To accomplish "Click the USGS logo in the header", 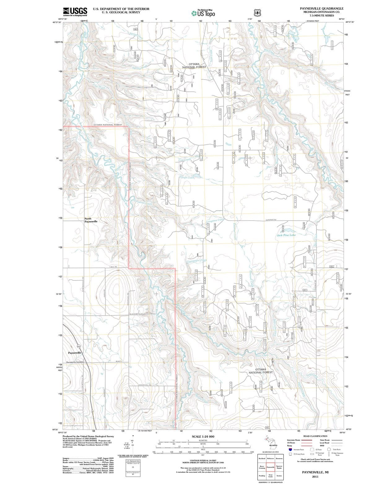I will tap(75, 11).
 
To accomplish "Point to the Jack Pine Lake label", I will tap(286, 235).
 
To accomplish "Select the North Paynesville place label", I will tap(91, 220).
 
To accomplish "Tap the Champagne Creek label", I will tap(197, 261).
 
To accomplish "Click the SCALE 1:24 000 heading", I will tap(203, 436).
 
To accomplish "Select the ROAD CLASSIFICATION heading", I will tap(315, 436).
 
